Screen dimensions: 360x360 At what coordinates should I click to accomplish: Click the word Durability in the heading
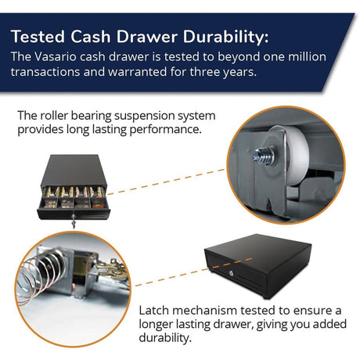(x=225, y=37)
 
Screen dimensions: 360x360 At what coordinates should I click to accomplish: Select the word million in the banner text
(x=307, y=56)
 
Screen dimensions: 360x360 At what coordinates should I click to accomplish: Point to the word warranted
(x=138, y=72)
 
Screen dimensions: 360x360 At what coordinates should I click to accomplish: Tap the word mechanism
(x=204, y=311)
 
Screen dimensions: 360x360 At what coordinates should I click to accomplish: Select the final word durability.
(x=165, y=338)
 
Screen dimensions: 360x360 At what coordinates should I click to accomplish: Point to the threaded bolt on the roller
(x=264, y=156)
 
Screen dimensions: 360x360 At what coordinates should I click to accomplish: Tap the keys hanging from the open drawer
(x=74, y=221)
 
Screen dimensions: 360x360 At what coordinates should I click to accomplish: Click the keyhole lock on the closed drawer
(x=232, y=273)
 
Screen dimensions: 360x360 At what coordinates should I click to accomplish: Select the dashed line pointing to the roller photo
(x=166, y=182)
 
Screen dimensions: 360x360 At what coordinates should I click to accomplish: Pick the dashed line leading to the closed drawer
(x=193, y=272)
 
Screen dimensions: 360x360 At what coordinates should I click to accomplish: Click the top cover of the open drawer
(x=74, y=169)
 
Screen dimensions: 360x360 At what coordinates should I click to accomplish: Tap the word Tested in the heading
(x=38, y=37)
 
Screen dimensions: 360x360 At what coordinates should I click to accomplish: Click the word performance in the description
(x=165, y=130)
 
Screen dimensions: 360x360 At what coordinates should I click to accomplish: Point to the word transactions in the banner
(x=45, y=72)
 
